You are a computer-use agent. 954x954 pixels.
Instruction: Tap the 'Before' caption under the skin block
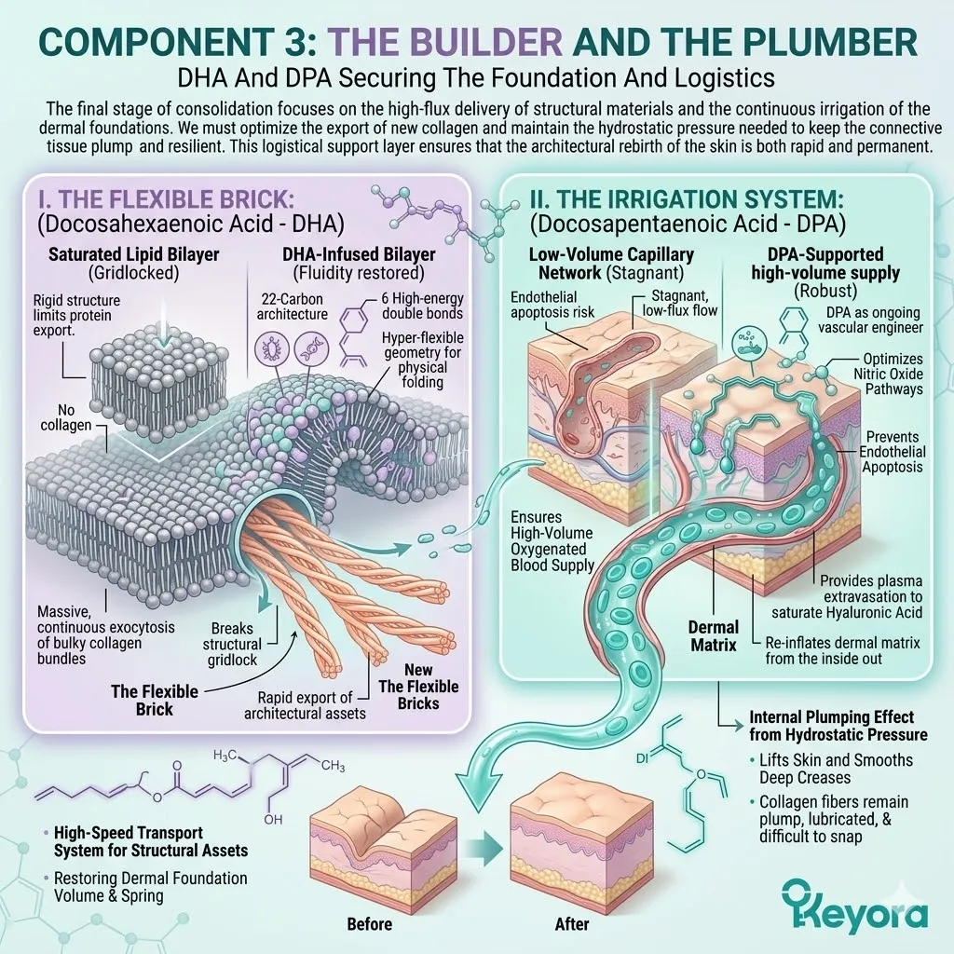(x=369, y=924)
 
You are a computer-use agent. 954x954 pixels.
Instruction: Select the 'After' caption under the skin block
(x=571, y=924)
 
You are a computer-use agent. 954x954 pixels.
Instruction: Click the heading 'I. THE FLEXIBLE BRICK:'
(x=160, y=199)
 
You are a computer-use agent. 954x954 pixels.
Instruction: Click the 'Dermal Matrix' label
(x=713, y=635)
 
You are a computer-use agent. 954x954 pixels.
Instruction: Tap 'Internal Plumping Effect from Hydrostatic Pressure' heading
(x=831, y=727)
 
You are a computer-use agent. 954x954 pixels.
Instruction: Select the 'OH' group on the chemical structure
(x=272, y=820)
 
